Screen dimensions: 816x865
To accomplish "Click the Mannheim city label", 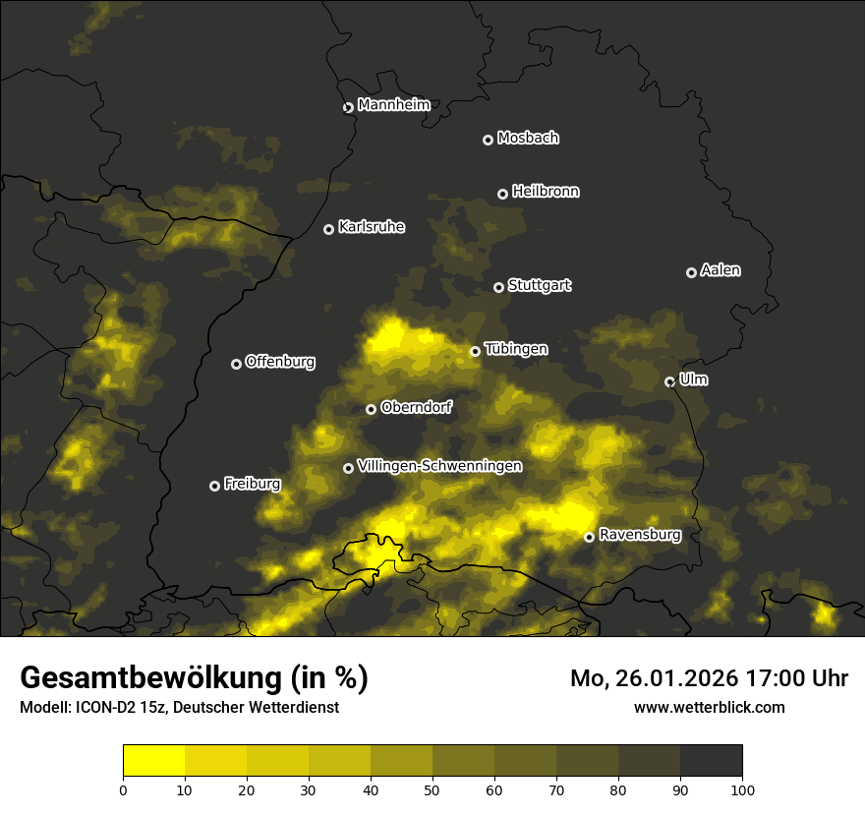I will pyautogui.click(x=393, y=105).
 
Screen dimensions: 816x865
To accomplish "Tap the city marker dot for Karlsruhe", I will pyautogui.click(x=328, y=229).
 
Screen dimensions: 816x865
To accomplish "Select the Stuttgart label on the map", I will pyautogui.click(x=539, y=285).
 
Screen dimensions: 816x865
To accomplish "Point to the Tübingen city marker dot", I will pyautogui.click(x=475, y=351).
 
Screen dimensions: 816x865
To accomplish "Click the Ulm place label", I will pyautogui.click(x=693, y=379).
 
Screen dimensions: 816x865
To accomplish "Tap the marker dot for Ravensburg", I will pyautogui.click(x=589, y=537).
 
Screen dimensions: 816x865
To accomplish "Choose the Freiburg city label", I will pyautogui.click(x=252, y=484).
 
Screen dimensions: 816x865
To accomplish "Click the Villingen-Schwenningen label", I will pyautogui.click(x=439, y=466).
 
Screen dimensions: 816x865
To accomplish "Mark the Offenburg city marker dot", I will pyautogui.click(x=236, y=364).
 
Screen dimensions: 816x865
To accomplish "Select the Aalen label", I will pyautogui.click(x=721, y=270).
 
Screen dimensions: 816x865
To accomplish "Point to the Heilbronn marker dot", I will pyautogui.click(x=502, y=194).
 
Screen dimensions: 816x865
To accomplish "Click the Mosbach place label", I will pyautogui.click(x=527, y=138).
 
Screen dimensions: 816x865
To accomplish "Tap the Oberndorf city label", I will pyautogui.click(x=416, y=407).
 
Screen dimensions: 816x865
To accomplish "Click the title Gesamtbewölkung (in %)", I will pyautogui.click(x=194, y=678).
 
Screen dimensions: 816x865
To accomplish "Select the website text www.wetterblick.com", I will pyautogui.click(x=709, y=707).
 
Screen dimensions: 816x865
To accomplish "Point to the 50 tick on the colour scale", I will pyautogui.click(x=432, y=788).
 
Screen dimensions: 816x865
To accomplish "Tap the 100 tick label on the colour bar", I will pyautogui.click(x=741, y=788).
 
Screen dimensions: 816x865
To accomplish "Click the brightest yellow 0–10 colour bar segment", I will pyautogui.click(x=154, y=761).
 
